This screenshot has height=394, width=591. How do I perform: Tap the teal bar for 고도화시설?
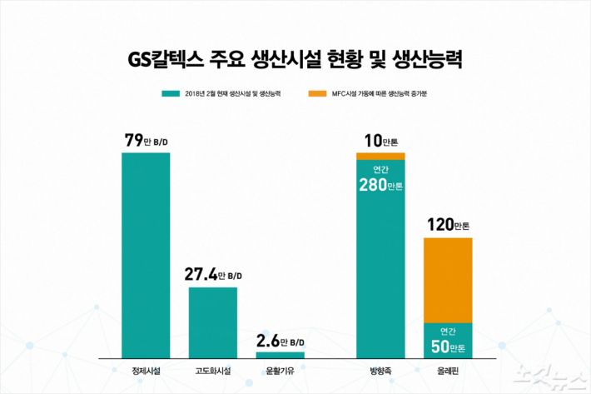coord(213,322)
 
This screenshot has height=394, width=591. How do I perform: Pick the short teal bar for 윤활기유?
coord(280,354)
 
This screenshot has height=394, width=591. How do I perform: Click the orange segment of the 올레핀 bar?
coord(448,280)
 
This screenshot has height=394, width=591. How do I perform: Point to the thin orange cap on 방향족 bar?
coord(380,156)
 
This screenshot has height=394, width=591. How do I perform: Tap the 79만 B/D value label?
coord(146,139)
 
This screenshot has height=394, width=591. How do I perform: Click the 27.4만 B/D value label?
coord(213,273)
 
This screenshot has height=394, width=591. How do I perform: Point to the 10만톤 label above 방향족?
coord(380,140)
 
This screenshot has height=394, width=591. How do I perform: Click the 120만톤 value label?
coord(448,225)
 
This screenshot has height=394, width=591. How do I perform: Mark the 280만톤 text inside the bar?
coord(380,185)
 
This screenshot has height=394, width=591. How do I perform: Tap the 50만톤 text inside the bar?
coord(448,344)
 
